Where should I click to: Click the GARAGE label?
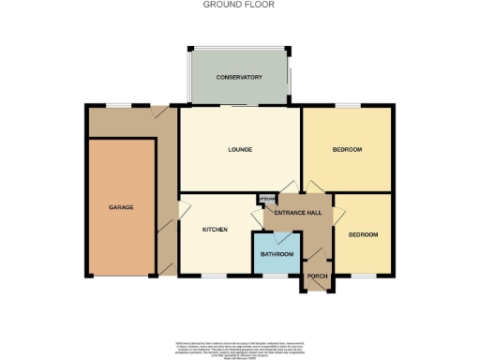pyautogui.click(x=121, y=206)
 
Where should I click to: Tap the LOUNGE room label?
pyautogui.click(x=239, y=149)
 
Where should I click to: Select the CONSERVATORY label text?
pyautogui.click(x=238, y=77)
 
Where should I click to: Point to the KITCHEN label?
pyautogui.click(x=216, y=229)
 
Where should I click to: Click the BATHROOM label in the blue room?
pyautogui.click(x=277, y=254)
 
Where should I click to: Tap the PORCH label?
pyautogui.click(x=318, y=275)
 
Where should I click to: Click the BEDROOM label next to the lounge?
pyautogui.click(x=347, y=149)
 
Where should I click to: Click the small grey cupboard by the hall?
pyautogui.click(x=265, y=199)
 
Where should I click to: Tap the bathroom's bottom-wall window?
pyautogui.click(x=279, y=276)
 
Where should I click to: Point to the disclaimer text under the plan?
pyautogui.click(x=240, y=346)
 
